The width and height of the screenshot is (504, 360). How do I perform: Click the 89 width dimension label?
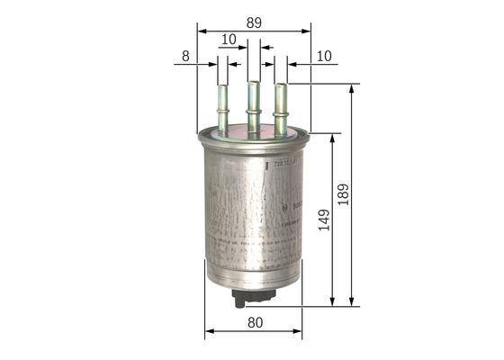click(x=254, y=19)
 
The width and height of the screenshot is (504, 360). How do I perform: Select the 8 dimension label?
click(x=184, y=56)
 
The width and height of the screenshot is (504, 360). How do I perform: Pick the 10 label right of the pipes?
click(x=324, y=56)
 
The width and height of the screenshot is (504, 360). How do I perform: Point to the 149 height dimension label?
click(x=323, y=220)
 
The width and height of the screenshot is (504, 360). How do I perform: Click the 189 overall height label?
click(x=343, y=194)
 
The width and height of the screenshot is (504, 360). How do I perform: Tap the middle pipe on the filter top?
click(x=254, y=103)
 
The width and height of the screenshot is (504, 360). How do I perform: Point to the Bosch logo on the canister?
click(x=285, y=208)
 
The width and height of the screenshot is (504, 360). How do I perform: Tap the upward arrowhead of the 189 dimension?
click(x=351, y=88)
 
